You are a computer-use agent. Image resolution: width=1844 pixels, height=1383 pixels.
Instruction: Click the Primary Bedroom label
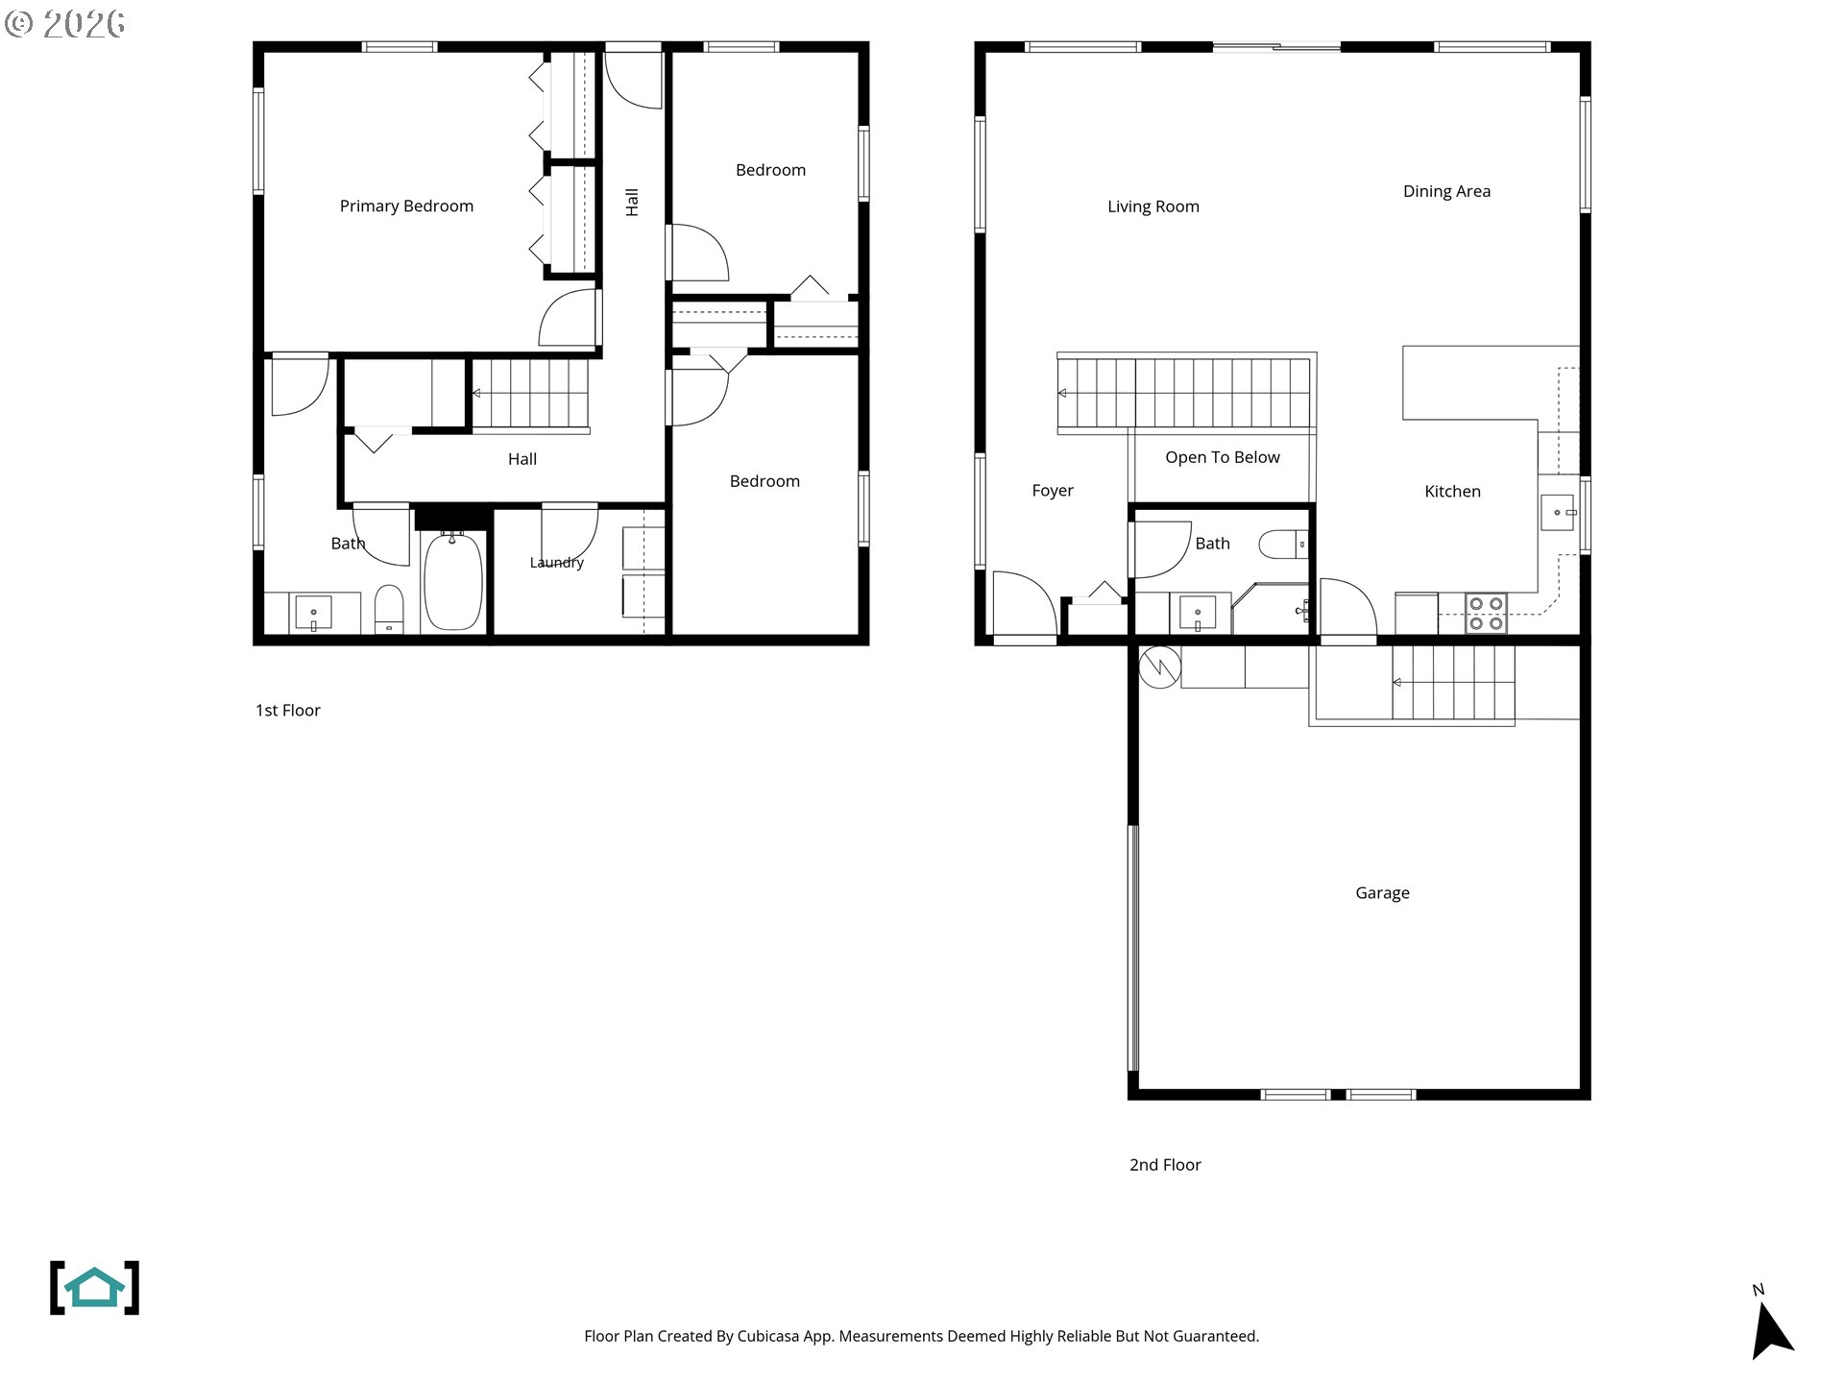pyautogui.click(x=406, y=206)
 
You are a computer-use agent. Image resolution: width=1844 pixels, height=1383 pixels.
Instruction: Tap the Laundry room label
pyautogui.click(x=557, y=563)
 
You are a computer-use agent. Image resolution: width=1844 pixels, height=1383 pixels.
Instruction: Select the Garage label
pyautogui.click(x=1382, y=893)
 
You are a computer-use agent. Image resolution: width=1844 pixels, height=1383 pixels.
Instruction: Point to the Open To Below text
pyautogui.click(x=1223, y=458)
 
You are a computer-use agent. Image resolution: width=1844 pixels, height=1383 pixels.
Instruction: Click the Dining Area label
pyautogui.click(x=1446, y=192)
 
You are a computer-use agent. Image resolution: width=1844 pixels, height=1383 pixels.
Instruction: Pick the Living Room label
pyautogui.click(x=1152, y=207)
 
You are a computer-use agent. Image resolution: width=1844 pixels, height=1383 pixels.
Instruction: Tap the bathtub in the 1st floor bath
pyautogui.click(x=452, y=582)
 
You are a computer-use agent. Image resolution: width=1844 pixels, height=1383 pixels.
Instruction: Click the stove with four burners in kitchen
pyautogui.click(x=1486, y=614)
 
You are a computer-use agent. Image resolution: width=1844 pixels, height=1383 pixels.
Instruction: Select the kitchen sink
pyautogui.click(x=1558, y=512)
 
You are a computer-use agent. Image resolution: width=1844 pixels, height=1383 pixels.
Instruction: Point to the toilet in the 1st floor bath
pyautogui.click(x=389, y=610)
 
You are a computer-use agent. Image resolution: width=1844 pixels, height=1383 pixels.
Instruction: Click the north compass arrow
pyautogui.click(x=1771, y=1330)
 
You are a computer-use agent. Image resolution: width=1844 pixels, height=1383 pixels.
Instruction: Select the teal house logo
pyautogui.click(x=94, y=1288)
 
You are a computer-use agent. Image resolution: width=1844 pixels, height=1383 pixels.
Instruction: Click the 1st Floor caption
pyautogui.click(x=287, y=711)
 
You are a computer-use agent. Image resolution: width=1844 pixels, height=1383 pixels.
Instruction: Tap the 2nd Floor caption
pyautogui.click(x=1165, y=1165)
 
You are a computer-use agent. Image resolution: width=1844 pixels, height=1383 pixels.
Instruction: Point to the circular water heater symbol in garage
pyautogui.click(x=1159, y=667)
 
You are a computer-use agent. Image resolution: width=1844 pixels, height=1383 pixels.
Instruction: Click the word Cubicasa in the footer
pyautogui.click(x=767, y=1336)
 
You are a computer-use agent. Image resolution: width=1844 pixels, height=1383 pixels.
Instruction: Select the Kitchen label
pyautogui.click(x=1452, y=492)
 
